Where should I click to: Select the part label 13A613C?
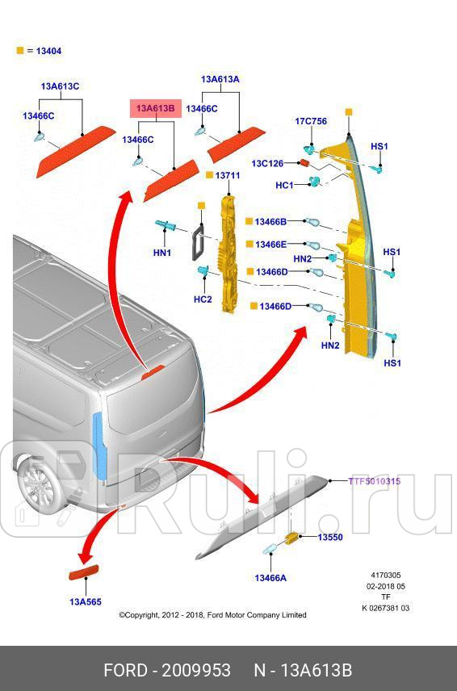coord(60,86)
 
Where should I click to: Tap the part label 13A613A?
coord(220,79)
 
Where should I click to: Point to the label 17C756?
coord(310,121)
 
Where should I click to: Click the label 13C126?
coord(266,164)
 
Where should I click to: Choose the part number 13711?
coord(228,175)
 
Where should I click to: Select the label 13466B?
coord(270,221)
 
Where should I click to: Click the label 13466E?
coord(270,245)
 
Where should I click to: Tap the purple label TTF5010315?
coord(375,481)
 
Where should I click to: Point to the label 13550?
coord(329,538)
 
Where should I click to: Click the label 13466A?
coord(270,577)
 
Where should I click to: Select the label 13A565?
coord(85,601)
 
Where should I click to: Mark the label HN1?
coord(162,253)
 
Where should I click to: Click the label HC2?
coord(203,299)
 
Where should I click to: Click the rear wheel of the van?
coord(36,488)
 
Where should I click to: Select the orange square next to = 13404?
coord(20,51)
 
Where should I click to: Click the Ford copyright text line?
coord(212,615)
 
